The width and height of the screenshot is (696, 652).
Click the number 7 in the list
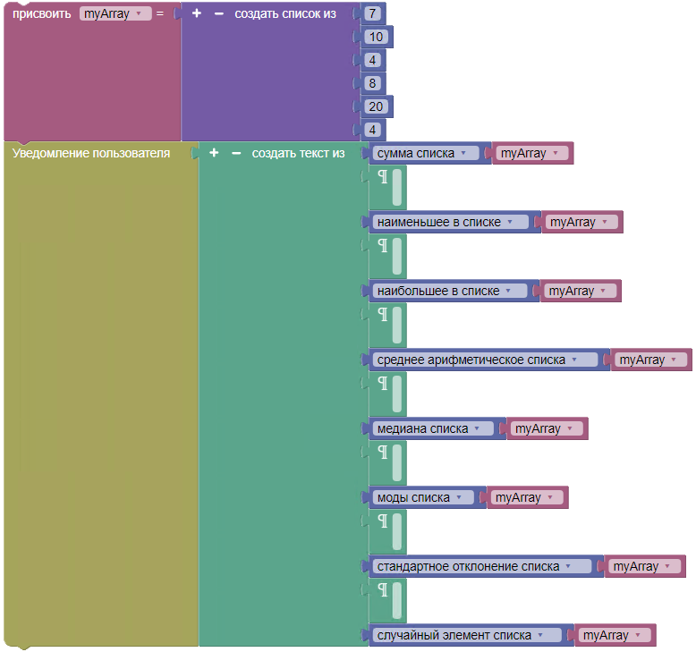372,13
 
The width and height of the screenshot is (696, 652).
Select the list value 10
376,37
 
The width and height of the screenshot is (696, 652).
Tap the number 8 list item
372,83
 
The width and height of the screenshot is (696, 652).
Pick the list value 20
376,106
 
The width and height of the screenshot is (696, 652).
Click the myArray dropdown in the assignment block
115,13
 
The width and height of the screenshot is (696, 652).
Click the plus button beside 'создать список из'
197,13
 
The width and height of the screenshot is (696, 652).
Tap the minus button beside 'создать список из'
219,13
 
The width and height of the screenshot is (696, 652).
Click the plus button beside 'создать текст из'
214,153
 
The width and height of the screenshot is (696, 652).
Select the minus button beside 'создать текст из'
236,153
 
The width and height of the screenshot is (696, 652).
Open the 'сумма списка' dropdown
425,153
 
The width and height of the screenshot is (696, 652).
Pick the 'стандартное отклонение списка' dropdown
481,566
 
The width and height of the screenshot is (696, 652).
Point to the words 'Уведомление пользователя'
91,153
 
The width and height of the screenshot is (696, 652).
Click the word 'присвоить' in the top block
42,13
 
